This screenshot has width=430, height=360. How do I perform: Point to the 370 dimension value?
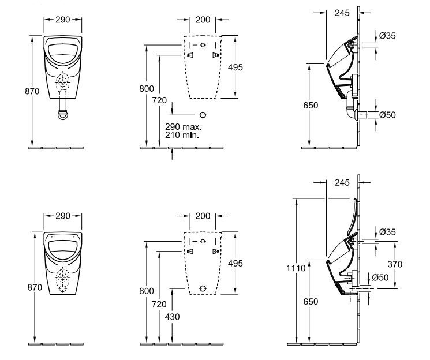(x=396, y=264)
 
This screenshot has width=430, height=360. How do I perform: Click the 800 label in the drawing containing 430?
(x=146, y=291)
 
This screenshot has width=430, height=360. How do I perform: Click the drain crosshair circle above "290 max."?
(x=202, y=114)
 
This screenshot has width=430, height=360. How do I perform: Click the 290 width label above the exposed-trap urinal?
(x=63, y=19)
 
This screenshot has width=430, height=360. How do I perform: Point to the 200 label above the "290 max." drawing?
(x=203, y=19)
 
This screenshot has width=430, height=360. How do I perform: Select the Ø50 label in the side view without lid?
(x=387, y=115)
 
